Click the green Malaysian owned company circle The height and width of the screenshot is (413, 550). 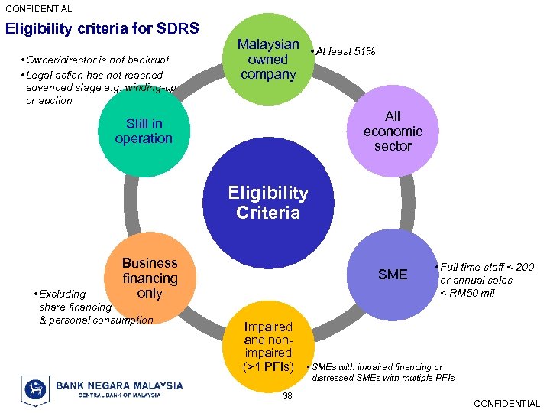pos(267,59)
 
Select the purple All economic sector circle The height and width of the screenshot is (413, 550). pos(393,131)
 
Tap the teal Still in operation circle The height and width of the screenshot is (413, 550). pos(144,131)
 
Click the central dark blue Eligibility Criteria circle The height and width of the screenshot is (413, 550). pos(267,203)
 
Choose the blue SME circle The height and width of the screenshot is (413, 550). pos(393,275)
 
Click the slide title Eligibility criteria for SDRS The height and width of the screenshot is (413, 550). pos(102,29)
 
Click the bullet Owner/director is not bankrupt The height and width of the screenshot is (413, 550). pos(98,60)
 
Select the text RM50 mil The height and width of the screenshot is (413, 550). pos(473,293)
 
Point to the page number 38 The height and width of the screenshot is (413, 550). pos(287,395)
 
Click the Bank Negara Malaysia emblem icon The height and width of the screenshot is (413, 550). pos(35,389)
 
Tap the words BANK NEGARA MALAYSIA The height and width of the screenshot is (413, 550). pos(119,385)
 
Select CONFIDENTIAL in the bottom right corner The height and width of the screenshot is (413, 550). pos(506,403)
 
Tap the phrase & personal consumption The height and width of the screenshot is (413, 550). pos(96,320)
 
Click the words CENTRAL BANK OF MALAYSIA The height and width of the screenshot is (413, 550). pos(108,395)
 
